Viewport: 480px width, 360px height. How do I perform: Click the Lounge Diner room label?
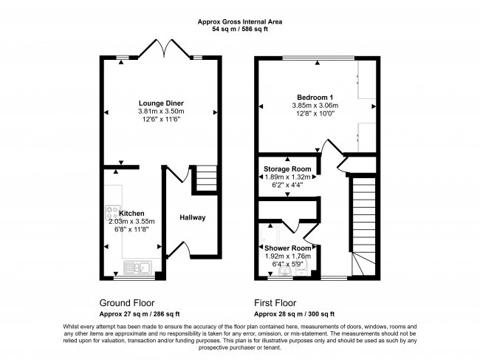click(161, 103)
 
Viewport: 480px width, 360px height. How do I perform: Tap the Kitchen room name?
click(122, 213)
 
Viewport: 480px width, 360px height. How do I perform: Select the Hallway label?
click(193, 217)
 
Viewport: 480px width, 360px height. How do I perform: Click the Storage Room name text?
click(287, 169)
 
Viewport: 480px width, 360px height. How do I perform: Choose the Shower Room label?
click(287, 248)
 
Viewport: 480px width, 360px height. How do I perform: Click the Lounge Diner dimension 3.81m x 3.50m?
click(161, 111)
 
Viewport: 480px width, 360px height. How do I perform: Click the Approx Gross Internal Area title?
click(240, 21)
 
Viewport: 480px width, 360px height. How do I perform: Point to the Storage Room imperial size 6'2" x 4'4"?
click(287, 186)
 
